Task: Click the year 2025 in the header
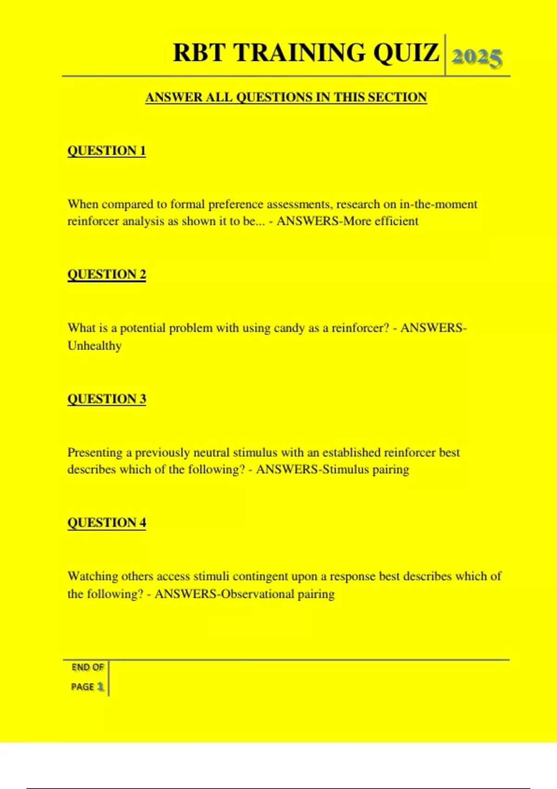click(477, 58)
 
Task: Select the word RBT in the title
click(199, 52)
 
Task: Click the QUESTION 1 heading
click(107, 151)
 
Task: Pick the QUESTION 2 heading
click(107, 274)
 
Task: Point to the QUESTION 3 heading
click(107, 399)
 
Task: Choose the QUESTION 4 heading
click(107, 523)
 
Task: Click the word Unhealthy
click(95, 346)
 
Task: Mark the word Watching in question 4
click(93, 576)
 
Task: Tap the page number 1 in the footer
click(100, 687)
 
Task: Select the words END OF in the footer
click(87, 667)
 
